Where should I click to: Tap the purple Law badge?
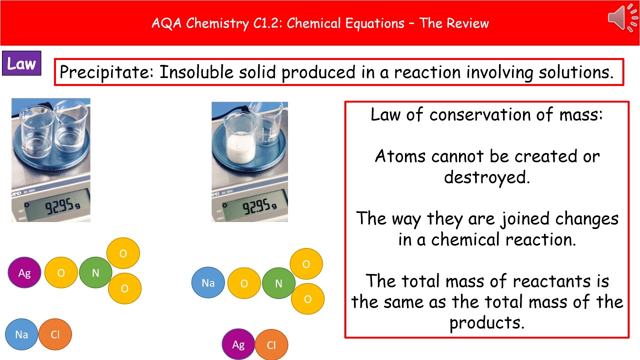(x=21, y=63)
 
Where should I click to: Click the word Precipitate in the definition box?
(x=106, y=72)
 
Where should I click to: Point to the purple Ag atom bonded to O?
(x=24, y=273)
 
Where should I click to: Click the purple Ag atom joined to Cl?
(x=238, y=345)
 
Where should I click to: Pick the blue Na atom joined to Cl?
(x=21, y=334)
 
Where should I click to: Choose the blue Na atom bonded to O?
(x=208, y=283)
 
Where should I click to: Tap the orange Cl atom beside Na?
(x=55, y=334)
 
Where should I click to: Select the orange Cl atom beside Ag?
(x=271, y=345)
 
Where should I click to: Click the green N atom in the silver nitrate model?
(x=95, y=273)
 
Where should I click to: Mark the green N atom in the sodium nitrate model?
(x=278, y=283)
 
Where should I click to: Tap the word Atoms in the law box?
(x=400, y=156)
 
